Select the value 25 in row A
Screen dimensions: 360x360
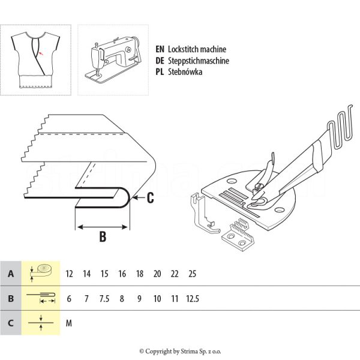(x=192, y=274)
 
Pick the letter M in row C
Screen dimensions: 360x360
(x=69, y=323)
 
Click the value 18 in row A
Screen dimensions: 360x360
(x=139, y=274)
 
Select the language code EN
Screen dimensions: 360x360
(x=160, y=50)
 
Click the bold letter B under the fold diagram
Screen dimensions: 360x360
(x=103, y=236)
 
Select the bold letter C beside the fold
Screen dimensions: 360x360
(x=151, y=196)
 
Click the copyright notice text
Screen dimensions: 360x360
(x=180, y=351)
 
